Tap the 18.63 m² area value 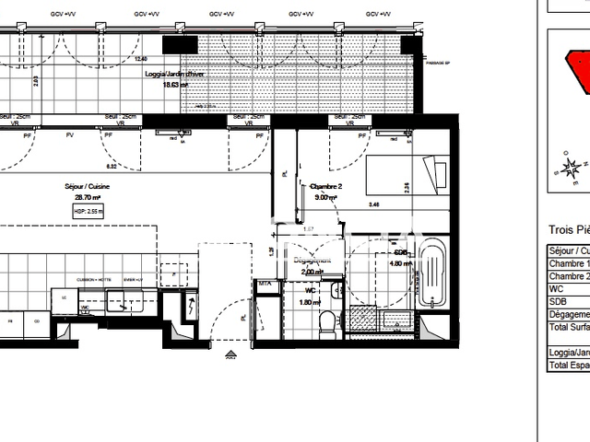pyautogui.click(x=175, y=84)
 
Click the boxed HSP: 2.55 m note pyautogui.click(x=88, y=211)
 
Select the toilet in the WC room pyautogui.click(x=325, y=321)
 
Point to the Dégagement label pyautogui.click(x=313, y=261)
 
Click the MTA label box pyautogui.click(x=265, y=284)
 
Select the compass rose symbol pyautogui.click(x=572, y=169)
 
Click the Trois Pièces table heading pyautogui.click(x=568, y=230)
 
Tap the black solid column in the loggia pyautogui.click(x=181, y=43)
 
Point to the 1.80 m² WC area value pyautogui.click(x=312, y=302)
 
